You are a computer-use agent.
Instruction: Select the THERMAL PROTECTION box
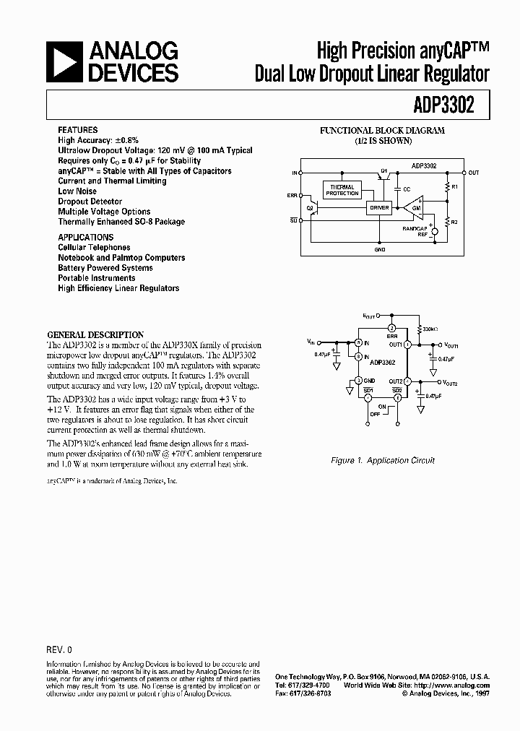(x=342, y=190)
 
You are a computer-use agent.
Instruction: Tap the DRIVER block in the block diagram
(x=379, y=208)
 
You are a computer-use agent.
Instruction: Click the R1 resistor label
(x=455, y=186)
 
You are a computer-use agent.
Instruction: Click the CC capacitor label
(x=407, y=189)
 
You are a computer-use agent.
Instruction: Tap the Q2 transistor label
(x=310, y=207)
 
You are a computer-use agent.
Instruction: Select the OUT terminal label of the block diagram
(x=474, y=173)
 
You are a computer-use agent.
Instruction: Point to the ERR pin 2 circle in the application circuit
(x=391, y=329)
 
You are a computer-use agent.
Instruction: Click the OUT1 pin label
(x=396, y=345)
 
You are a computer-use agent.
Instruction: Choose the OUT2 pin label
(x=396, y=381)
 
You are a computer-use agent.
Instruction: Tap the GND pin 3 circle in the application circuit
(x=357, y=381)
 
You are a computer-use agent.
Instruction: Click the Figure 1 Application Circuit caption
(x=383, y=460)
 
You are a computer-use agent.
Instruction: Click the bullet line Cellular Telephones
(x=94, y=247)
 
